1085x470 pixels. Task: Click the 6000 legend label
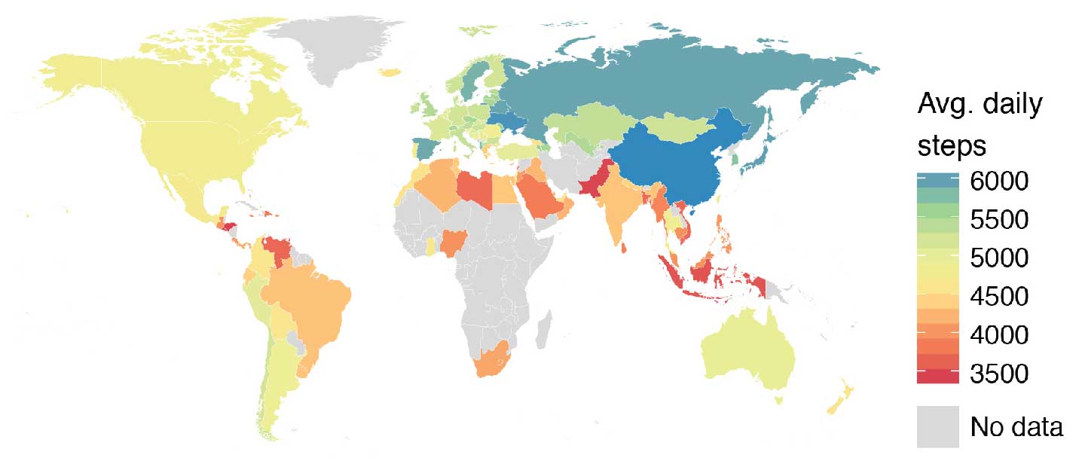(x=999, y=182)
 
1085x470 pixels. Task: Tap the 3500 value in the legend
(x=999, y=374)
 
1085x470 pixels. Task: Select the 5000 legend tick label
(x=999, y=259)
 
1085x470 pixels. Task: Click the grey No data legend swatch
(x=937, y=427)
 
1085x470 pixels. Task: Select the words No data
(x=1016, y=427)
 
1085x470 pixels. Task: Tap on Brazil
(x=309, y=301)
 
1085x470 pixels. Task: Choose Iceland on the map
(x=390, y=72)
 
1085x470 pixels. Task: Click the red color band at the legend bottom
(x=937, y=376)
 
